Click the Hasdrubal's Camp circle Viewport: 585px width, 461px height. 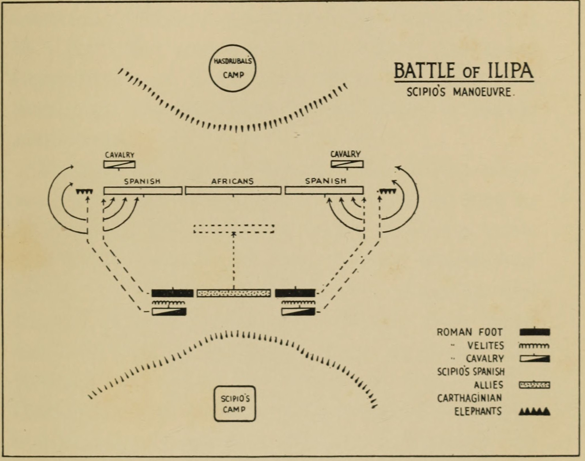(233, 68)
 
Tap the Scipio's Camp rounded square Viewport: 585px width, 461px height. (235, 404)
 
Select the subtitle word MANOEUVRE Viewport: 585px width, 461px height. (484, 92)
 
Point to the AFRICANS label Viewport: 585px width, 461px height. (233, 181)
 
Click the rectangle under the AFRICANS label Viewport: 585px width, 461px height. (233, 191)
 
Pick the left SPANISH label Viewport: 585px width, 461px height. (142, 181)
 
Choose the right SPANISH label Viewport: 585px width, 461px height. (325, 181)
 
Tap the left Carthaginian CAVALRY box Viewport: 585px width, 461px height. (119, 165)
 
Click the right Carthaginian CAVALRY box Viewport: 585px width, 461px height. (347, 164)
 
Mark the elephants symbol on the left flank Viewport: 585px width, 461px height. (84, 192)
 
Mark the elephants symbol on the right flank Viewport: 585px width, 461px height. (388, 191)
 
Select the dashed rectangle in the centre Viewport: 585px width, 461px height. (234, 229)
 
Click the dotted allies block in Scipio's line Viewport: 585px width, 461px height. (234, 293)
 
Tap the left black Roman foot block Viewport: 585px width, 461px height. (172, 293)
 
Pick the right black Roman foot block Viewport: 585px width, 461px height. (295, 293)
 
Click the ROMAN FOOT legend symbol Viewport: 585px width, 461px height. (535, 332)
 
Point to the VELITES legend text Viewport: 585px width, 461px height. (485, 345)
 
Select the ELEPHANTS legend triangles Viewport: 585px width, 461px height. (534, 412)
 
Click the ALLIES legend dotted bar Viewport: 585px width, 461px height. (535, 385)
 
